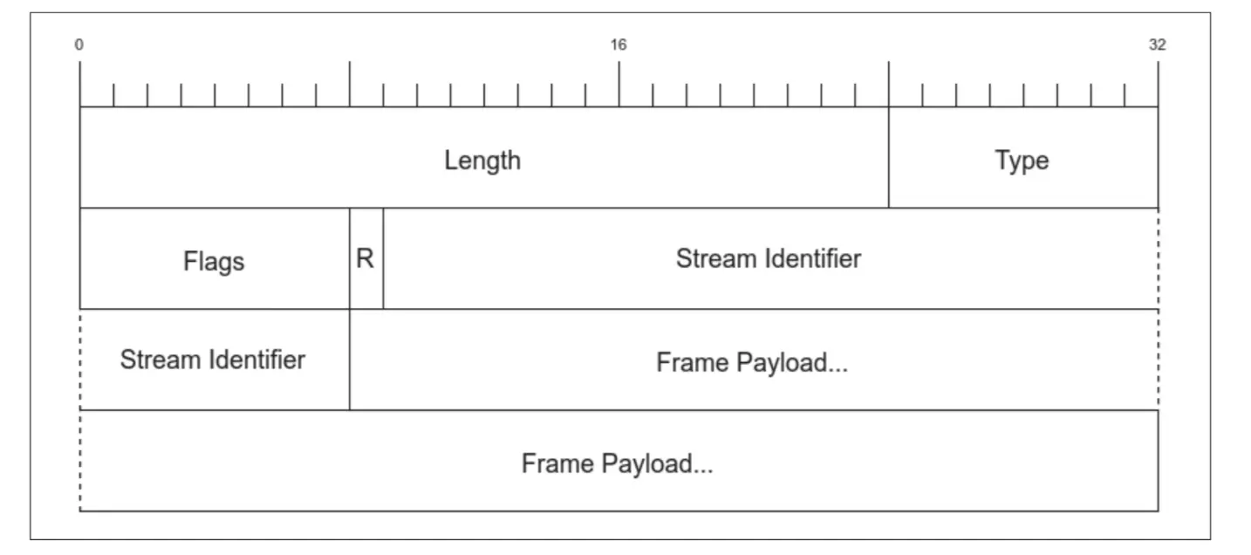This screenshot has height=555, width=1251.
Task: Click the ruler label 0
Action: coord(79,45)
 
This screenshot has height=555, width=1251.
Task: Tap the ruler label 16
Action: coord(619,45)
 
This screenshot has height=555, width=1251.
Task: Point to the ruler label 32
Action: coord(1157,45)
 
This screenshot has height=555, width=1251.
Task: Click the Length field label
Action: coord(482,161)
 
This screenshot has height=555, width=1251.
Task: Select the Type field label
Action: coord(1022,161)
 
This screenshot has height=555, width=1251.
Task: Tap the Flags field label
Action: coord(214,261)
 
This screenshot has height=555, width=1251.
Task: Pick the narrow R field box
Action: coord(366,259)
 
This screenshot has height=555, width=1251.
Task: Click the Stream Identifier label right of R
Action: coord(769,258)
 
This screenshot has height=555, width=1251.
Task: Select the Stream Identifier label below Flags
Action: coord(213,360)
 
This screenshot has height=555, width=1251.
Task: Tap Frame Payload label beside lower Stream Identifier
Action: coord(752,362)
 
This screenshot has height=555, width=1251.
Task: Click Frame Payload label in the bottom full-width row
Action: coord(618,463)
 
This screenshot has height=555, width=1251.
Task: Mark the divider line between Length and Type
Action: coord(889,157)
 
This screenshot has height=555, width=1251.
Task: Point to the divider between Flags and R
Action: coord(350,258)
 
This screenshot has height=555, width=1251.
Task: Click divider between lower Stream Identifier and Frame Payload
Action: coord(350,360)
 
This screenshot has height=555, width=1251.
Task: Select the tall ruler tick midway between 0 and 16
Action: coord(350,84)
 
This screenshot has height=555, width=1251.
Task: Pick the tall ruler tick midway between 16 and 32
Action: coord(889,84)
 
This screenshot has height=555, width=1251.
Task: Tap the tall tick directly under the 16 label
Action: coord(619,84)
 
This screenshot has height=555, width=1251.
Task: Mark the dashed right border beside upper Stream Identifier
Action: coord(1159,258)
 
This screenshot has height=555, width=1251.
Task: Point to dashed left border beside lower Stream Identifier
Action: coord(80,360)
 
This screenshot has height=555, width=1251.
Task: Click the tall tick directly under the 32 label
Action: coord(1159,84)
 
